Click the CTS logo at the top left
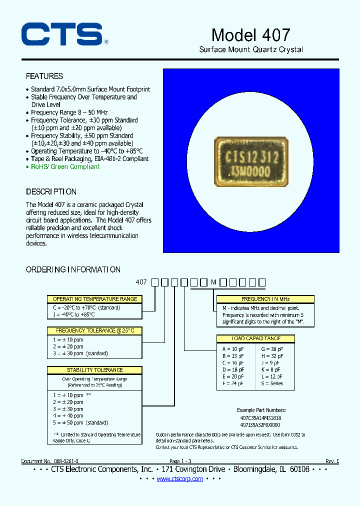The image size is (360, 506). click(x=63, y=35)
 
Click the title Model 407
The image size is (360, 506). click(x=250, y=34)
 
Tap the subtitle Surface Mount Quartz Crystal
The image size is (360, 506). click(x=251, y=49)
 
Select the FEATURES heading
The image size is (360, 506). click(x=44, y=76)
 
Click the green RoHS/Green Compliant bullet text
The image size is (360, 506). click(x=65, y=166)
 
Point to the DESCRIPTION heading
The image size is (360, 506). click(x=51, y=191)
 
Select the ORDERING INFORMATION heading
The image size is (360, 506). click(x=73, y=269)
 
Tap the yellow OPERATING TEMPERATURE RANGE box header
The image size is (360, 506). click(x=94, y=299)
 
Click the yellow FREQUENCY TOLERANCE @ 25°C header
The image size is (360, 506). click(x=94, y=330)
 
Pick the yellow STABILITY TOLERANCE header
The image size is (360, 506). click(x=94, y=370)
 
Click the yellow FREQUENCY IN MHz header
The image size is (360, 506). click(x=265, y=299)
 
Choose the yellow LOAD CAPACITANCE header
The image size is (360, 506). click(x=255, y=338)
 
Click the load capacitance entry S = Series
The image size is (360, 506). click(x=272, y=383)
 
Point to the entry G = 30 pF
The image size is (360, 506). click(x=272, y=348)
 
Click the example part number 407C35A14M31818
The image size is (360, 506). click(x=260, y=417)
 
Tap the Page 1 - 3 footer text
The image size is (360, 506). click(x=180, y=460)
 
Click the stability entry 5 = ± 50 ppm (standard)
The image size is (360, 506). click(x=80, y=422)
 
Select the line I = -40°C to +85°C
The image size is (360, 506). click(x=74, y=314)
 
